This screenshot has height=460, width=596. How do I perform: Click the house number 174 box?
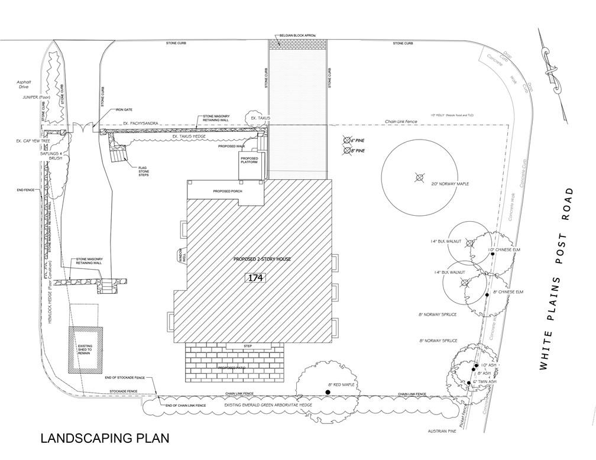[256, 277]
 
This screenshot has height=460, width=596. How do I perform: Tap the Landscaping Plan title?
[105, 438]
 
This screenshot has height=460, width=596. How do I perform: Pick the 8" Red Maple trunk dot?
[328, 392]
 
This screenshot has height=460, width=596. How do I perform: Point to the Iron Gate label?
[124, 109]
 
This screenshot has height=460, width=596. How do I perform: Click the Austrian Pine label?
[442, 431]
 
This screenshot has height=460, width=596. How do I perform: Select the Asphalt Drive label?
[23, 85]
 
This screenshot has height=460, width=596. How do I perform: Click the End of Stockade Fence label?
[124, 378]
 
